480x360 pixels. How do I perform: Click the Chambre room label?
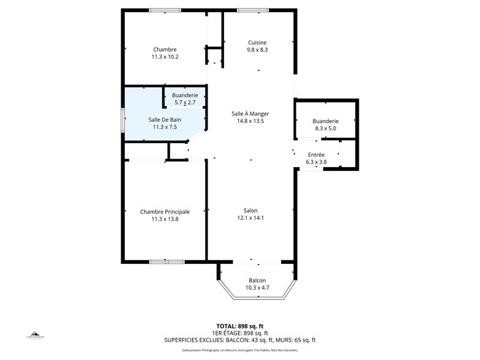165,50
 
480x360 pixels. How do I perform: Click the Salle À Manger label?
250,114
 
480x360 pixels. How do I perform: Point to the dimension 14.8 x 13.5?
250,121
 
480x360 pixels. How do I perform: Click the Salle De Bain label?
163,119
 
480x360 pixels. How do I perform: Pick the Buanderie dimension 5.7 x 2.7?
184,102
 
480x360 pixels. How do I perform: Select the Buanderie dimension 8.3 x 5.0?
325,129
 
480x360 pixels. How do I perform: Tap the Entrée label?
316,155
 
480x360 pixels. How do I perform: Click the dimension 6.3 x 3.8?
316,162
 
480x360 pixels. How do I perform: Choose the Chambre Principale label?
165,212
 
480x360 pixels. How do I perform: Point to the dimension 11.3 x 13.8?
165,219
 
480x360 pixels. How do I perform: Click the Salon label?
250,211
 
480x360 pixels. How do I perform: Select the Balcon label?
257,280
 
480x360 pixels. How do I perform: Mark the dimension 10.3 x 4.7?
257,288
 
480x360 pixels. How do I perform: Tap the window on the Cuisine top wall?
248,10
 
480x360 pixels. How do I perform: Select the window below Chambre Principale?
167,261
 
